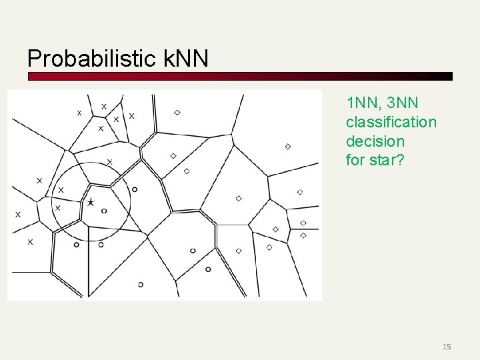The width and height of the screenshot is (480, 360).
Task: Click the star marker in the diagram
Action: click(91, 201)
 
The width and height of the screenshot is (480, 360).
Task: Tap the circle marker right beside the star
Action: click(104, 211)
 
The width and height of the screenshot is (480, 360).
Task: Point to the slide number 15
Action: click(447, 346)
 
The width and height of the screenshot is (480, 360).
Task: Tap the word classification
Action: click(391, 122)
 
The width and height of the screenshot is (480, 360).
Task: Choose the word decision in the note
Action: click(375, 141)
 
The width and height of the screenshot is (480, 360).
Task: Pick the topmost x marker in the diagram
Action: click(103, 107)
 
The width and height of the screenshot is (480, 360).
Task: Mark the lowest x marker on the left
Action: click(30, 241)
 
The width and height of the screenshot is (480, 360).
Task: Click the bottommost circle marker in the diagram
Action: click(141, 285)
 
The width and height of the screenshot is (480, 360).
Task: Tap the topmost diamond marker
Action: click(177, 113)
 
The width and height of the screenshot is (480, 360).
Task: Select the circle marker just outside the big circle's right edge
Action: click(135, 189)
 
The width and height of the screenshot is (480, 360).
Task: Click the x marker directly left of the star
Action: click(57, 208)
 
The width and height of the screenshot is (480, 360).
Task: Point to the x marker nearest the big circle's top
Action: click(109, 161)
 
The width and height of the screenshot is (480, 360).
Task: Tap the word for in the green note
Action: click(355, 160)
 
